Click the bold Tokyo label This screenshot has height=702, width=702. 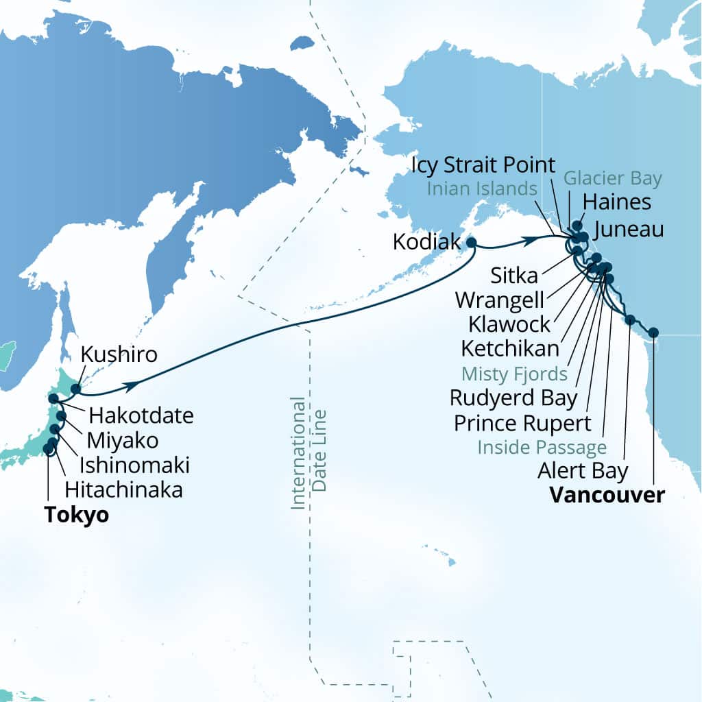pos(76,515)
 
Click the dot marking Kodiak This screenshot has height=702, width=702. pos(471,242)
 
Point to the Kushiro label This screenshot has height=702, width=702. pos(119,355)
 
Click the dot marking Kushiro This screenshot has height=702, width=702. pos(75,389)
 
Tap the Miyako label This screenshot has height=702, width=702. pos(126,440)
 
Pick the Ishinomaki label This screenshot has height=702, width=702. pos(134,465)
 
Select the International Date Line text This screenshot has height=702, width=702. pos(308,452)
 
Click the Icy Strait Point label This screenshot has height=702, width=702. pos(484,165)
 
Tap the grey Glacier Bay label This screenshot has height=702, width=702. pos(613,179)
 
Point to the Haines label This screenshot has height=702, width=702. pos(616,202)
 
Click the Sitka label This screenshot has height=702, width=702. pos(514,276)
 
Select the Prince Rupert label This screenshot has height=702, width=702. pos(522,423)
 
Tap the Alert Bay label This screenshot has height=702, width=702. pos(583,471)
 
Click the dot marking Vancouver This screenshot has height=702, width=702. pos(653,332)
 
